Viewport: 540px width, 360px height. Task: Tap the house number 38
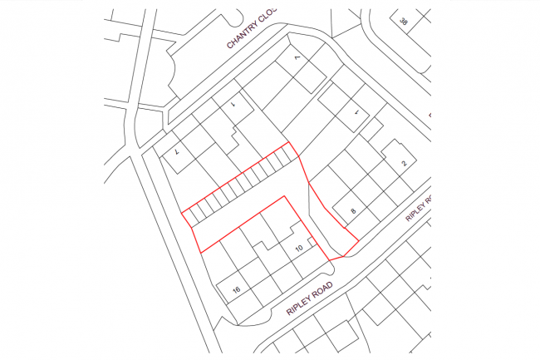tap(404, 21)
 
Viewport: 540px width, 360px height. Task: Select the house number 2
tap(403, 164)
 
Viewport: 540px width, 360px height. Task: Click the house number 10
tap(299, 249)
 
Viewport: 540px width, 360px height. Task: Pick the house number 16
tap(236, 289)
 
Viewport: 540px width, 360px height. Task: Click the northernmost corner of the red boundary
tap(289, 142)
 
